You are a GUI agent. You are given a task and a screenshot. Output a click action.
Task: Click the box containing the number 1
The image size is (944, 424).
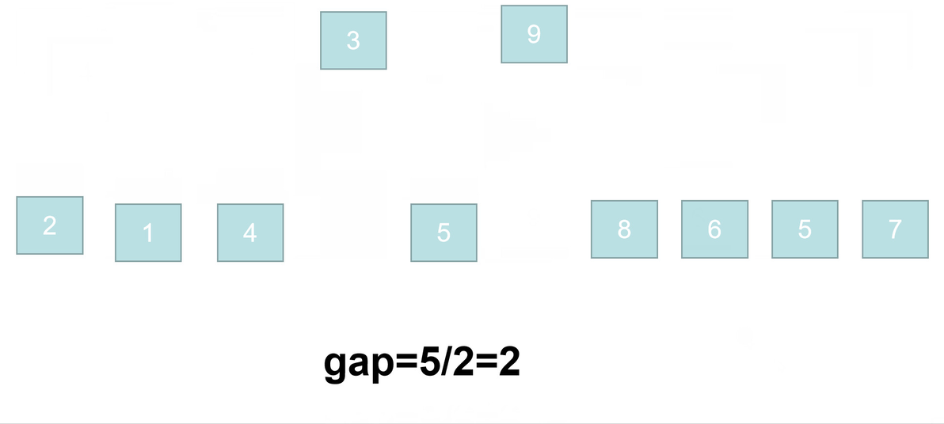click(x=148, y=233)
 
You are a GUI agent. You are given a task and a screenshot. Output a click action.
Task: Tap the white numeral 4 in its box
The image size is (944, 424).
click(x=249, y=233)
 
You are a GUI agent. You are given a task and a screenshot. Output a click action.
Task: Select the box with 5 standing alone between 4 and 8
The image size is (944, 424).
click(x=443, y=233)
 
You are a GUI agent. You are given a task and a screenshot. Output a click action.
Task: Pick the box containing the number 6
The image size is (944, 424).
click(x=714, y=229)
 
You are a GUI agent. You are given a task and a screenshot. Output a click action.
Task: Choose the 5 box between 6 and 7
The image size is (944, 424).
click(x=805, y=229)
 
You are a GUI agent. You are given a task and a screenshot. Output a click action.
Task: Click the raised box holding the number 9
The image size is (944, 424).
click(x=534, y=34)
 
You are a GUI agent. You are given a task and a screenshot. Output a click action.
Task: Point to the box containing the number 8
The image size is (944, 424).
click(x=624, y=229)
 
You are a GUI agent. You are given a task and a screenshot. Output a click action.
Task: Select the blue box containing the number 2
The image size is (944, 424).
click(x=49, y=225)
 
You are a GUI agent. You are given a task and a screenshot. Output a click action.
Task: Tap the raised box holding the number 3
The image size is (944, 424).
click(x=353, y=40)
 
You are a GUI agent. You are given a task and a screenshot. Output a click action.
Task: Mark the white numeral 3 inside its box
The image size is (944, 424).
click(x=353, y=41)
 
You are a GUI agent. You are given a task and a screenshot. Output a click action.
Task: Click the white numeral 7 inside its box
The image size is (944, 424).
click(x=895, y=229)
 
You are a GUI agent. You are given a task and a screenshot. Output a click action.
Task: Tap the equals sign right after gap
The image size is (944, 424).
click(x=407, y=363)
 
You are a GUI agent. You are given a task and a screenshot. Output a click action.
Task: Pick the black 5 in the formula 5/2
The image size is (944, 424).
click(x=430, y=362)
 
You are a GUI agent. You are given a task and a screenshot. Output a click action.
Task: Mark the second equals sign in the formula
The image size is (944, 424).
click(x=486, y=363)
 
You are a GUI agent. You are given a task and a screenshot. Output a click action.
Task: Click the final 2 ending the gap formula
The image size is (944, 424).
click(x=509, y=362)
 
